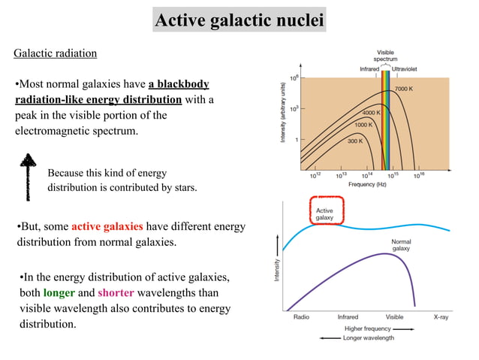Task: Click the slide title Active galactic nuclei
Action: coord(239,19)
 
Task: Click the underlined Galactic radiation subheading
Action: coord(56,54)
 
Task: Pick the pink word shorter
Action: coord(116,293)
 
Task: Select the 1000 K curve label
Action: coord(364,124)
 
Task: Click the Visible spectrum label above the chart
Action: coord(387,55)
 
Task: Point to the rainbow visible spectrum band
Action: coord(387,120)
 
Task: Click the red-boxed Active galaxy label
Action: coord(324,213)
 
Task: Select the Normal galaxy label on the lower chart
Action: coord(402,244)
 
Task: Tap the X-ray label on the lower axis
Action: coord(444,317)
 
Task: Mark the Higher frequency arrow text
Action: coord(368,328)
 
